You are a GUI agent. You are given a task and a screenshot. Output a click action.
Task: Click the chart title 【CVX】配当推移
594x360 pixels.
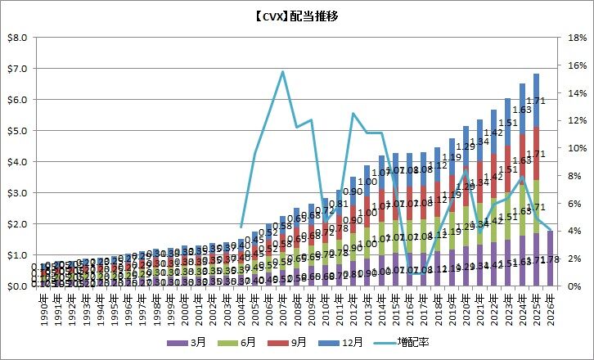click(x=297, y=16)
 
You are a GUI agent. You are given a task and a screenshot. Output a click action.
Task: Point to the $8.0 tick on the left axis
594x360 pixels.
click(x=17, y=38)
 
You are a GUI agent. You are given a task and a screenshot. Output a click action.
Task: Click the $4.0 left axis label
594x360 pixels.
click(x=17, y=162)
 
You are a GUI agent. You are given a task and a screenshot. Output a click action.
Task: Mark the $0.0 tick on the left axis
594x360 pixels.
click(x=17, y=286)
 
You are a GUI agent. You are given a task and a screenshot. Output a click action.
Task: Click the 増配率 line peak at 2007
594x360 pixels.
click(x=283, y=71)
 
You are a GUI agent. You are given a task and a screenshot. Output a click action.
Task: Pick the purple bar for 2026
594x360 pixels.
click(x=550, y=259)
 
